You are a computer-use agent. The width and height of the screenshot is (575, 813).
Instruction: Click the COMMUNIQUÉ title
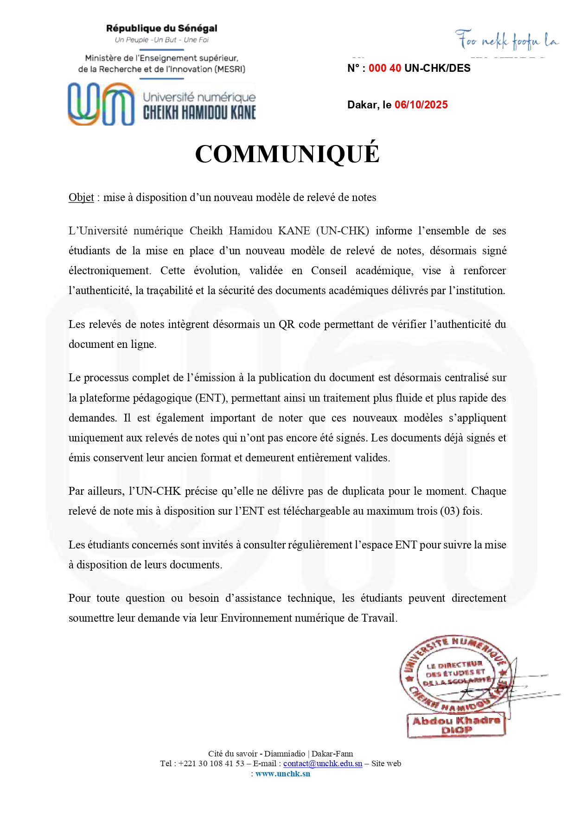tap(287, 154)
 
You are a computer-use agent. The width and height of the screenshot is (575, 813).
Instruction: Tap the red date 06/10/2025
tap(421, 105)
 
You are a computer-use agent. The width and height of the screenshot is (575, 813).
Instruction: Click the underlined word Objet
tap(81, 197)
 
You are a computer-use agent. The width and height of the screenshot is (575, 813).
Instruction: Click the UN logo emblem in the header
tap(101, 104)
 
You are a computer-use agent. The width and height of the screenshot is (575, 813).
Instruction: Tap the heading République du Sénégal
tap(161, 28)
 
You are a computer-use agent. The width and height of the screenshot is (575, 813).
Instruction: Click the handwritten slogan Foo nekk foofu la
tap(506, 41)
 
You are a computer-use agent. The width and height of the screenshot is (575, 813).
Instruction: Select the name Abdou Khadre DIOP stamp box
tap(456, 725)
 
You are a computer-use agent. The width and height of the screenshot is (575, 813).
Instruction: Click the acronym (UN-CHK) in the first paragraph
tap(343, 231)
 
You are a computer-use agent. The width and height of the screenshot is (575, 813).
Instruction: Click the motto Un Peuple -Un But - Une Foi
tap(161, 40)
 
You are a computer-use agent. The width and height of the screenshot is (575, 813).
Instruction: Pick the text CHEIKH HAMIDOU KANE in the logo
tap(199, 113)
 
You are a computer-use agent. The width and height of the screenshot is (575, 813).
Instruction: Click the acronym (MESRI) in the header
tap(230, 69)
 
